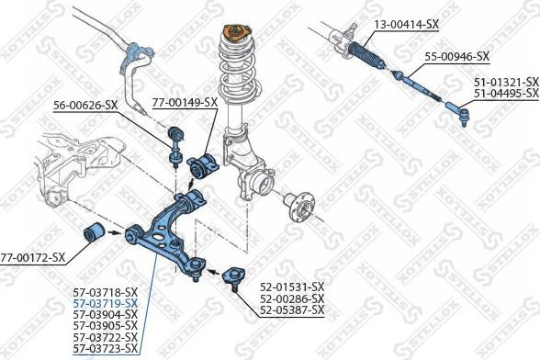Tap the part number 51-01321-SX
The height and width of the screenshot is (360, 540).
coord(506,81)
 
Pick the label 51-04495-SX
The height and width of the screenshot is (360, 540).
coord(506,92)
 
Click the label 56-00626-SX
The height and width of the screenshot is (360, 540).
coord(84,105)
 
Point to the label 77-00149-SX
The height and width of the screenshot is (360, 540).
coord(185,103)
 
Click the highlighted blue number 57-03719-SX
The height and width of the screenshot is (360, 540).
coord(105,303)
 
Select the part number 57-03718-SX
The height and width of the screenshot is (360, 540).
coord(105,292)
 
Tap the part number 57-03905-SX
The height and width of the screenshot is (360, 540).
coord(105,326)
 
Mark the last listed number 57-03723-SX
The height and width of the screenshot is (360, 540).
coord(105,348)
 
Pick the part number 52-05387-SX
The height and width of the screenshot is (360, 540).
coord(292,310)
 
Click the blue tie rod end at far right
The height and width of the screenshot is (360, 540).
coord(463,115)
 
